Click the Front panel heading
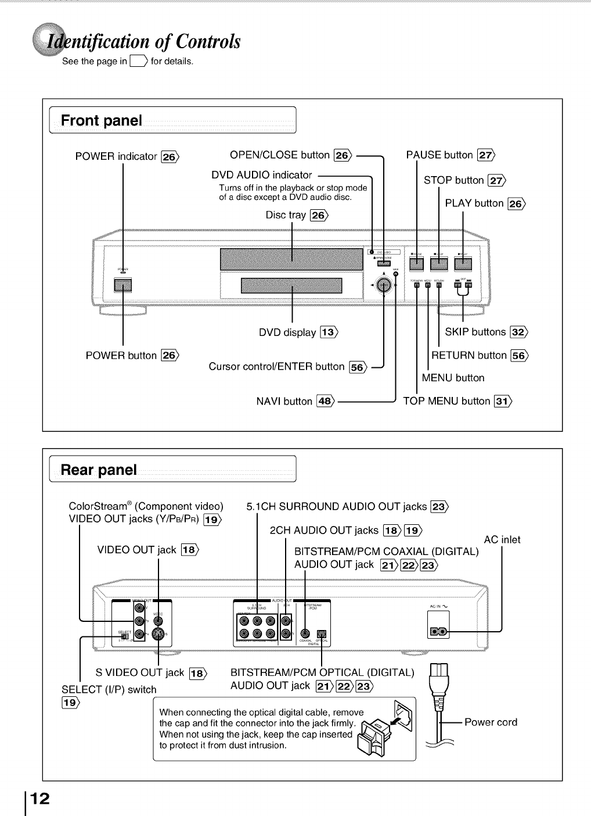pyautogui.click(x=102, y=121)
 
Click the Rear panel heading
pyautogui.click(x=99, y=470)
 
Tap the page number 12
pyautogui.click(x=39, y=798)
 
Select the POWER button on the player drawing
pyautogui.click(x=123, y=285)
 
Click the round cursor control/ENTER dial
pyautogui.click(x=383, y=285)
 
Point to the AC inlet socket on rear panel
pyautogui.click(x=438, y=631)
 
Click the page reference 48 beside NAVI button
pyautogui.click(x=325, y=401)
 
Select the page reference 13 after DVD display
pyautogui.click(x=329, y=332)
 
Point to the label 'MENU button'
pyautogui.click(x=453, y=378)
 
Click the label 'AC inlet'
pyautogui.click(x=502, y=539)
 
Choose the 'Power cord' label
pyautogui.click(x=491, y=722)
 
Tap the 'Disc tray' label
pyautogui.click(x=286, y=215)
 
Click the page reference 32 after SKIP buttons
pyautogui.click(x=518, y=332)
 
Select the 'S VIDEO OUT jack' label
pyautogui.click(x=139, y=672)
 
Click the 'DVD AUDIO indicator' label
pyautogui.click(x=262, y=175)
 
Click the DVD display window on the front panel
pyautogui.click(x=291, y=286)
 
